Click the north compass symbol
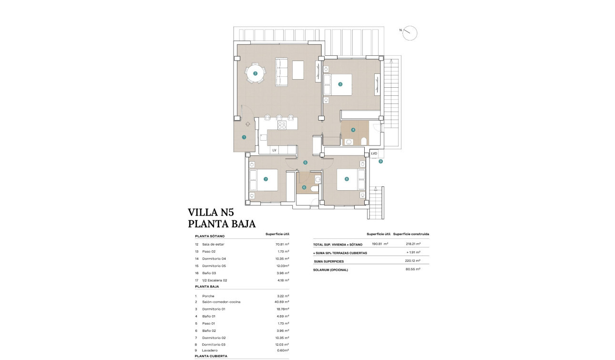[x=410, y=33]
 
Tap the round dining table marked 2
[x=256, y=73]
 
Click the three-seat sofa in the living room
[x=281, y=72]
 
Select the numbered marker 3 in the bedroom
[x=340, y=84]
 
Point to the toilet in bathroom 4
[x=364, y=141]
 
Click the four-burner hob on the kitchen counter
[x=282, y=126]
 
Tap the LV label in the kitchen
[x=274, y=150]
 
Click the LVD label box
[x=374, y=154]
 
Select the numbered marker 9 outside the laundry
[x=380, y=162]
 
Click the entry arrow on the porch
[x=247, y=123]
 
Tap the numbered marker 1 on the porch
[x=244, y=137]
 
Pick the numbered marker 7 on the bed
[x=266, y=179]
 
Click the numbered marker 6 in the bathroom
[x=304, y=187]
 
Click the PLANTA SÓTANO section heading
[x=209, y=236]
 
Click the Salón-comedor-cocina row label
[x=221, y=302]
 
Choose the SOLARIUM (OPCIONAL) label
[x=330, y=270]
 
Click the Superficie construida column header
[x=411, y=234]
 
